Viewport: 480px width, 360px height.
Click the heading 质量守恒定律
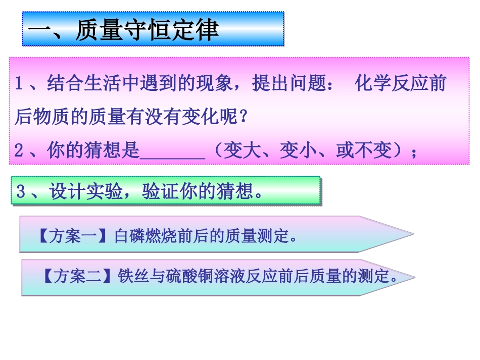147,30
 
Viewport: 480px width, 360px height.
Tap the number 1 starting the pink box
19,83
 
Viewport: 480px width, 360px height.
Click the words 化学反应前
401,83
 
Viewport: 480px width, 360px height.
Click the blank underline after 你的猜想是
172,151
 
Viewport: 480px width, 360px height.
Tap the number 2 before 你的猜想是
19,151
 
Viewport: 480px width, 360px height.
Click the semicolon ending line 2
415,152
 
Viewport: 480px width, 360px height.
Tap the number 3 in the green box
21,191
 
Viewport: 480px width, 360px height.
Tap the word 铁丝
130,276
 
